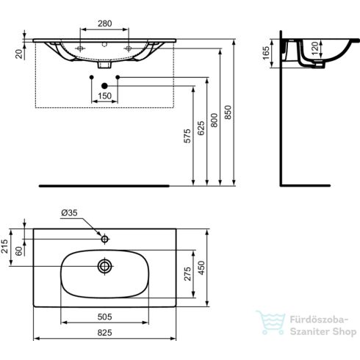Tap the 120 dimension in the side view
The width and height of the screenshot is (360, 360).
tap(314, 51)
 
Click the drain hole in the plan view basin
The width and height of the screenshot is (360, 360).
tap(104, 265)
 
